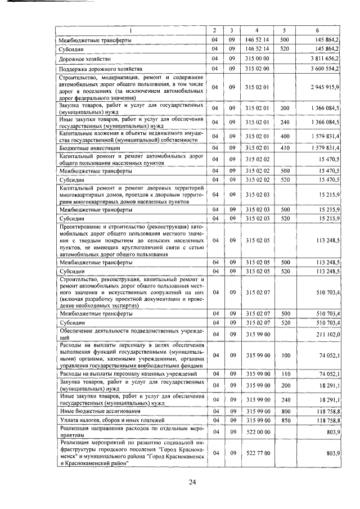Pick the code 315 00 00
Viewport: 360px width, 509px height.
(x=258, y=58)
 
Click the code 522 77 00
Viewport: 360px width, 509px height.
(x=258, y=452)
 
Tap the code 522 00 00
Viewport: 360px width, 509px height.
(x=258, y=431)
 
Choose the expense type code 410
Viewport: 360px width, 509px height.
(x=284, y=147)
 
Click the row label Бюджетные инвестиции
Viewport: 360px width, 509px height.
(x=87, y=147)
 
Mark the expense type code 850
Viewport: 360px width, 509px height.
(x=284, y=420)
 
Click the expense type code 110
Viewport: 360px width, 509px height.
(x=284, y=373)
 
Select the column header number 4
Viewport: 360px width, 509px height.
(x=258, y=30)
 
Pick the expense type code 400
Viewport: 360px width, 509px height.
(x=284, y=135)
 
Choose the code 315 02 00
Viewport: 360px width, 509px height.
(x=258, y=68)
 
